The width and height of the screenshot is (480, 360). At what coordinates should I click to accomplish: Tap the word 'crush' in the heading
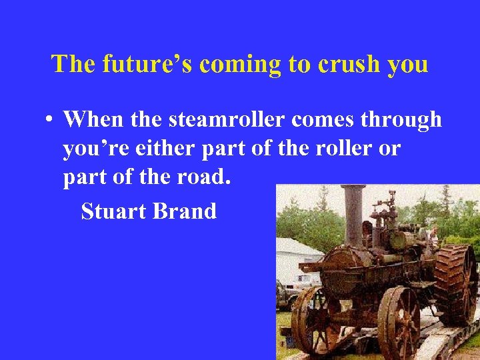point(349,65)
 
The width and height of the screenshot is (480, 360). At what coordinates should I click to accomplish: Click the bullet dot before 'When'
point(49,120)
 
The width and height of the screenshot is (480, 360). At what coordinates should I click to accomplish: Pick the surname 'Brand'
point(185,211)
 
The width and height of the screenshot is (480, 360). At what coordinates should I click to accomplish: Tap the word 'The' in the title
point(73,65)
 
